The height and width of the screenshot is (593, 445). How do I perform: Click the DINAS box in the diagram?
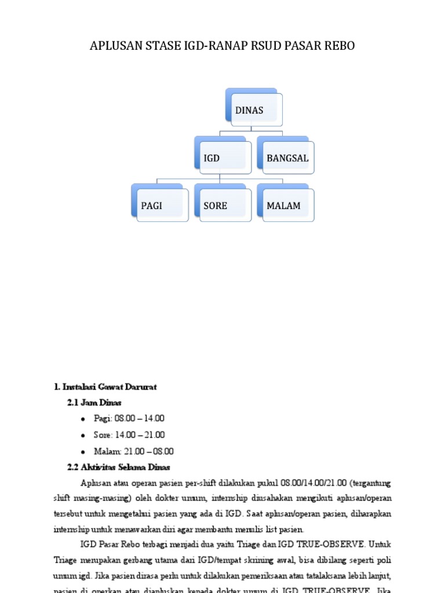coord(254,110)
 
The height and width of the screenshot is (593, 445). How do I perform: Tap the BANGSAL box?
coord(286,158)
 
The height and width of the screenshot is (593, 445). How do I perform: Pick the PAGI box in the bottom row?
coord(160,205)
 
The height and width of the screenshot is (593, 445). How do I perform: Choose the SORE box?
coord(222,205)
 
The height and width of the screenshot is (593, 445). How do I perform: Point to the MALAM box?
coord(286,205)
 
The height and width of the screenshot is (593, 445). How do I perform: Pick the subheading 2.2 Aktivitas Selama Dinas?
coord(119,467)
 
